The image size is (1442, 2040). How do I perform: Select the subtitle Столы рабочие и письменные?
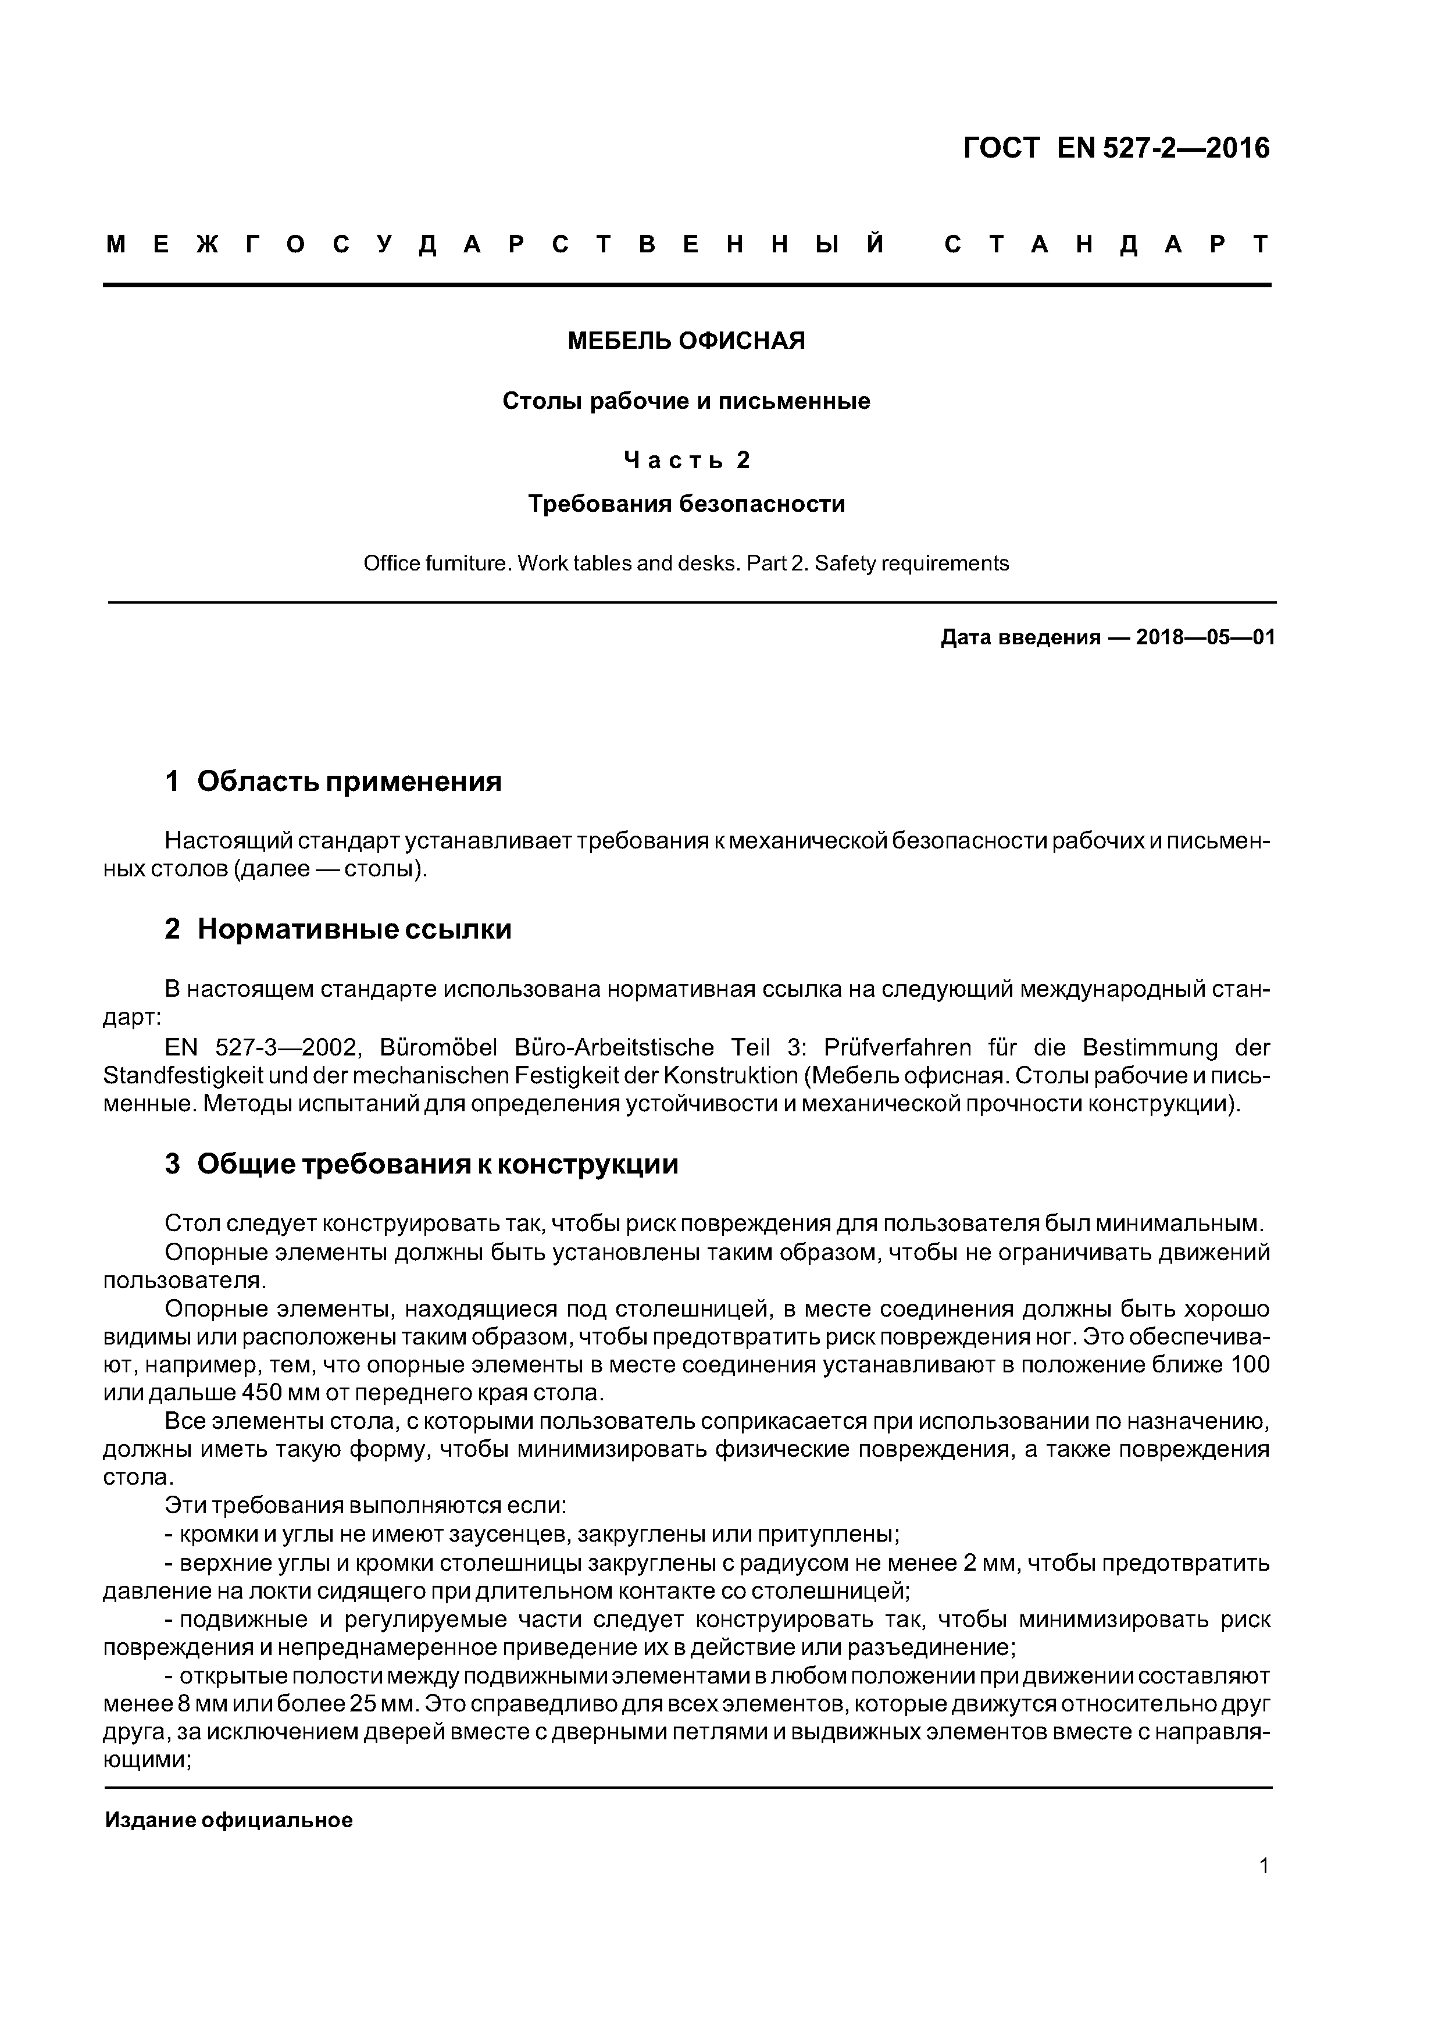(686, 401)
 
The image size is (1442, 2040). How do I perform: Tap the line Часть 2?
(686, 459)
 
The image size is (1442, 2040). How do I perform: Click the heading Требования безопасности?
(686, 504)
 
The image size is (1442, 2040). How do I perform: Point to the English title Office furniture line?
(686, 564)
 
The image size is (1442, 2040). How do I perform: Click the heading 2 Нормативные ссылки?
(338, 929)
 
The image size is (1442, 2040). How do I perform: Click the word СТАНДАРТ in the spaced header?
(1106, 244)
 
